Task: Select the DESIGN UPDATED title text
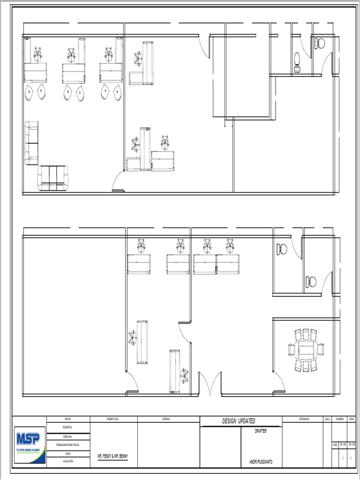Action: click(239, 421)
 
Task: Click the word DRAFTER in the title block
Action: click(261, 431)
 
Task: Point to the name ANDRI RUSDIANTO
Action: click(261, 462)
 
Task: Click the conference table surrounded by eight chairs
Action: click(306, 350)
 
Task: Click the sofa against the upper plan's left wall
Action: click(31, 142)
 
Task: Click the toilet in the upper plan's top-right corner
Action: click(321, 44)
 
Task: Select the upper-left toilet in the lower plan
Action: click(282, 249)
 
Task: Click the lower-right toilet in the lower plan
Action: click(311, 282)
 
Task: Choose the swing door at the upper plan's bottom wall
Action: click(117, 182)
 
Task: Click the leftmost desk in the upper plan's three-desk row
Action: click(35, 73)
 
